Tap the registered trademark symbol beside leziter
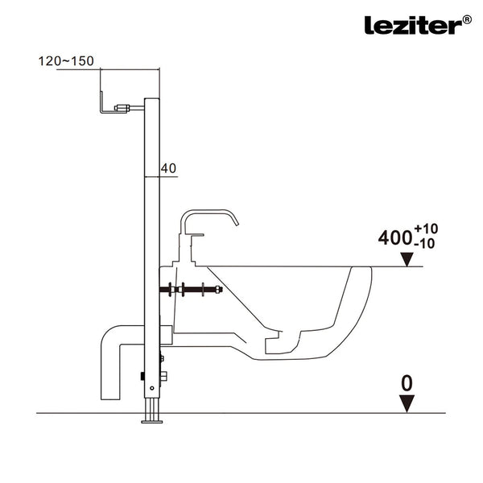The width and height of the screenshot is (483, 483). [x=467, y=19]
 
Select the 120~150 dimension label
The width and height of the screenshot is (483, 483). [x=66, y=61]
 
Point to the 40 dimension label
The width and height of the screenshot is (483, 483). [x=168, y=168]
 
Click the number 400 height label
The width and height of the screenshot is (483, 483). [x=395, y=237]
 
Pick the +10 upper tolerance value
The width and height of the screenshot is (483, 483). [x=426, y=229]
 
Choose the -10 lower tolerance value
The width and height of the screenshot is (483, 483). [x=424, y=244]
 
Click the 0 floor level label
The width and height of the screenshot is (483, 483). [x=407, y=383]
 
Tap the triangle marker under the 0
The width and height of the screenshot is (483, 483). [x=407, y=403]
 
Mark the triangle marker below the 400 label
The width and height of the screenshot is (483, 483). [x=407, y=259]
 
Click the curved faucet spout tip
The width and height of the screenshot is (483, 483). [x=237, y=225]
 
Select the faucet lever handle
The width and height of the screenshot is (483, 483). [x=197, y=235]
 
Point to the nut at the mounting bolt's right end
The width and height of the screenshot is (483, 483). [x=218, y=290]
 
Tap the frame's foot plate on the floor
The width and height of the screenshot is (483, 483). [x=152, y=422]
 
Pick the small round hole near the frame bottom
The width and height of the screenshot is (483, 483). [x=152, y=388]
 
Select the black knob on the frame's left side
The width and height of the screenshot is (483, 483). [x=142, y=376]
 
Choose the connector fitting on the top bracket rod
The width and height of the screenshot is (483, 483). [x=122, y=108]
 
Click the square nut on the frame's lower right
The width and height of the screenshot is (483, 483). [x=163, y=376]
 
